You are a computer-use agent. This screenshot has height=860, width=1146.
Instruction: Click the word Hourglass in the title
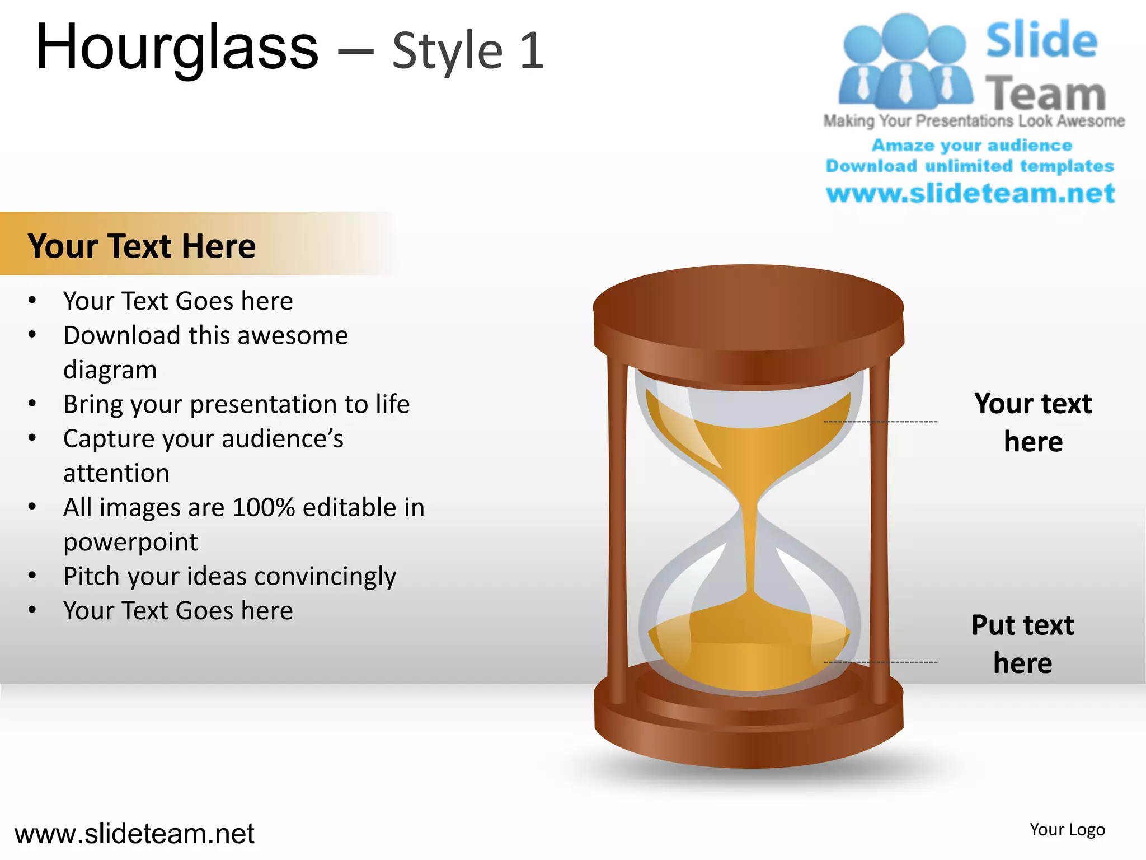tap(177, 49)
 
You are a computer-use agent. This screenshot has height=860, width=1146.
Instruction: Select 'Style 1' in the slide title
tap(468, 52)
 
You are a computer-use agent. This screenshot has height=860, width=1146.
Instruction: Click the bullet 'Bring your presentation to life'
tap(236, 404)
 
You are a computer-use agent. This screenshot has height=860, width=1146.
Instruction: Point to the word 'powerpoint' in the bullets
tap(130, 542)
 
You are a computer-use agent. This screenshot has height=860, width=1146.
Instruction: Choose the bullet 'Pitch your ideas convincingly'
tap(229, 577)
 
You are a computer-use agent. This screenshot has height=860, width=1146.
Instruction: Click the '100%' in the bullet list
tap(263, 508)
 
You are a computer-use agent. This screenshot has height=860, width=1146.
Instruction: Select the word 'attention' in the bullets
tap(116, 473)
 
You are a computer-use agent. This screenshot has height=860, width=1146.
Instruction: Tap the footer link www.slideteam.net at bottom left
tap(134, 834)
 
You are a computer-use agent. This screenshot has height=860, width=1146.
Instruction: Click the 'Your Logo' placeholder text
tap(1067, 830)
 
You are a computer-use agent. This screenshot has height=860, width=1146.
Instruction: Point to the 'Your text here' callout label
tap(1032, 422)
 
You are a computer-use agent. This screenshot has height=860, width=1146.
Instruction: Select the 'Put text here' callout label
tap(1022, 644)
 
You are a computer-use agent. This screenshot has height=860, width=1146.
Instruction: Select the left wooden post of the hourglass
tap(618, 532)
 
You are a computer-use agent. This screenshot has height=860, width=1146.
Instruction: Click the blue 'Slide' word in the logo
tap(1041, 40)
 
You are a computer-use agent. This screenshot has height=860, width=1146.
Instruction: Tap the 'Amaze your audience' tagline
tap(972, 146)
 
